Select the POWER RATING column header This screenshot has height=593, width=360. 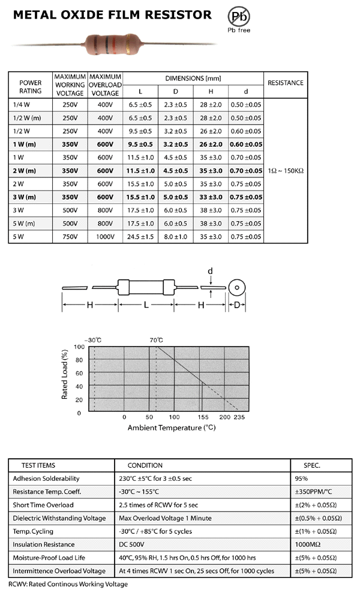(31, 87)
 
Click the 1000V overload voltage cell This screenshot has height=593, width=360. (105, 236)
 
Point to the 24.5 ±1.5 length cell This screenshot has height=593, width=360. (141, 236)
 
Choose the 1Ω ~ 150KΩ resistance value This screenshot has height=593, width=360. (285, 170)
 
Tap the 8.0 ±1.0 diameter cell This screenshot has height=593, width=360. (176, 236)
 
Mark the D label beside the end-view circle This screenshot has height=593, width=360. (236, 305)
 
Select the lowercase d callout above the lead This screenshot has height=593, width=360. (211, 271)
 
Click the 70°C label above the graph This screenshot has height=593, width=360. (156, 340)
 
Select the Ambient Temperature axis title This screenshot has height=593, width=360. (171, 428)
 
